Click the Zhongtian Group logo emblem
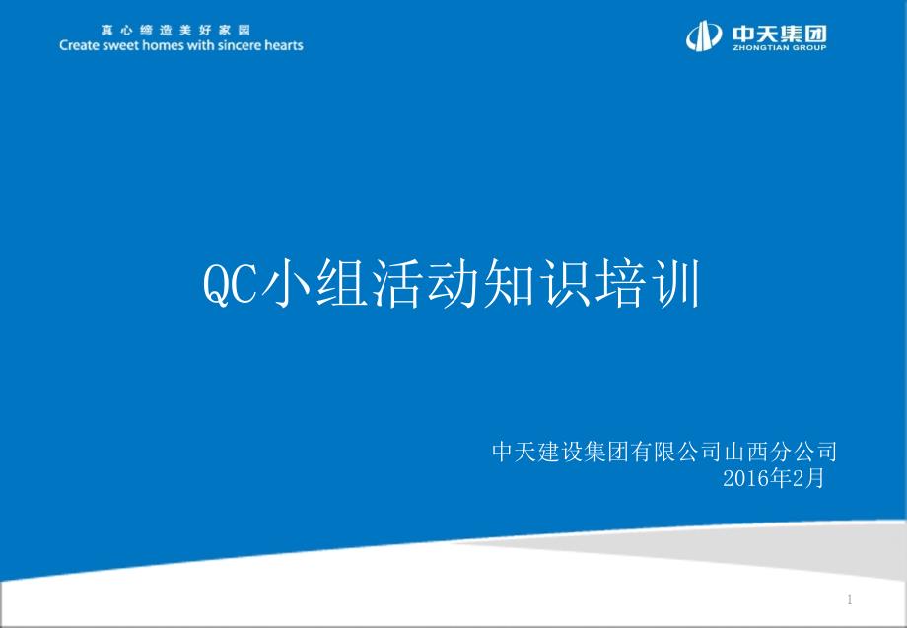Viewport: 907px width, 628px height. coord(704,35)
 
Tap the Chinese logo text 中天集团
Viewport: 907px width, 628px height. coord(780,34)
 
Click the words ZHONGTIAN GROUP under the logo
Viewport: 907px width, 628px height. coord(780,48)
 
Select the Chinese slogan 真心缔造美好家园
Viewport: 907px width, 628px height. coord(175,31)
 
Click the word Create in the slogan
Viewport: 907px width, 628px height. coord(79,45)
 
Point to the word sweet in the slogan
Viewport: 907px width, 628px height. coord(120,45)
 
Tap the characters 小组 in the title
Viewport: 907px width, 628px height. coord(314,283)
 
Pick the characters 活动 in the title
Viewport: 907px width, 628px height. coord(425,283)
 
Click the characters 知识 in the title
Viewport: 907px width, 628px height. coord(536,283)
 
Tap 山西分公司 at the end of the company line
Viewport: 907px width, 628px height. coord(781,452)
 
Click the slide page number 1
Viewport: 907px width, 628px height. coord(849,599)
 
